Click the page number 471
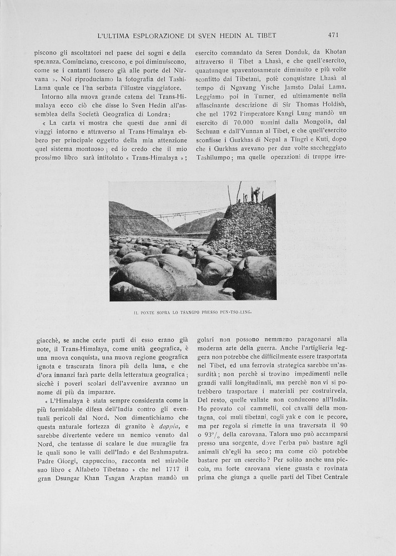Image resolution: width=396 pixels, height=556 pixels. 333,35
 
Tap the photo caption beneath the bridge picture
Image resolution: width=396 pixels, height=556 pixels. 193,312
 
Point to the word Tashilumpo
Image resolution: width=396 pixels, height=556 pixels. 218,156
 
